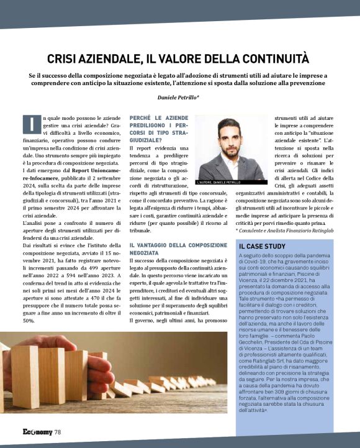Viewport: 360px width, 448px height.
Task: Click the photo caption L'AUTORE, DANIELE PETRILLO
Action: [218, 182]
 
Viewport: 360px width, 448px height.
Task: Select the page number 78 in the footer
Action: [57, 432]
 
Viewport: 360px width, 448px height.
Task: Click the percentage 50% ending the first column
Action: [28, 320]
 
